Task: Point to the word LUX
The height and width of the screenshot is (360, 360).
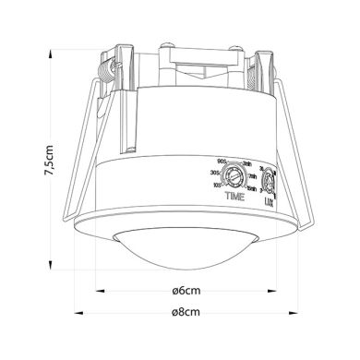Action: [269, 199]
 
